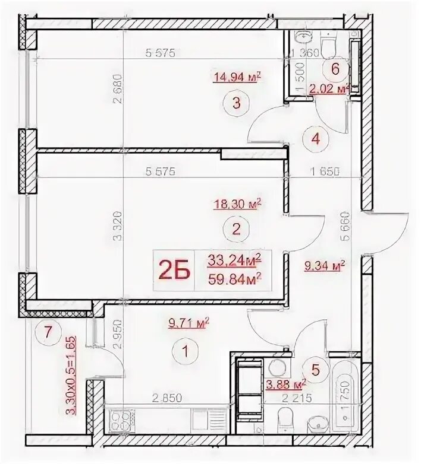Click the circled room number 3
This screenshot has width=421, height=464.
[x=236, y=104]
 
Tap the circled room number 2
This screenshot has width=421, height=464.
[x=236, y=229]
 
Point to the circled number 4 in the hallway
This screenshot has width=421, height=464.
[x=316, y=140]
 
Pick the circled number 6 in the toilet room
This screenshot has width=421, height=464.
[x=335, y=69]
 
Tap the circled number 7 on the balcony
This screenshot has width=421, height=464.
[x=48, y=331]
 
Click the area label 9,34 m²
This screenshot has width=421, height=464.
[x=325, y=266]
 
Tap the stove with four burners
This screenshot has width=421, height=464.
[x=119, y=421]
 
